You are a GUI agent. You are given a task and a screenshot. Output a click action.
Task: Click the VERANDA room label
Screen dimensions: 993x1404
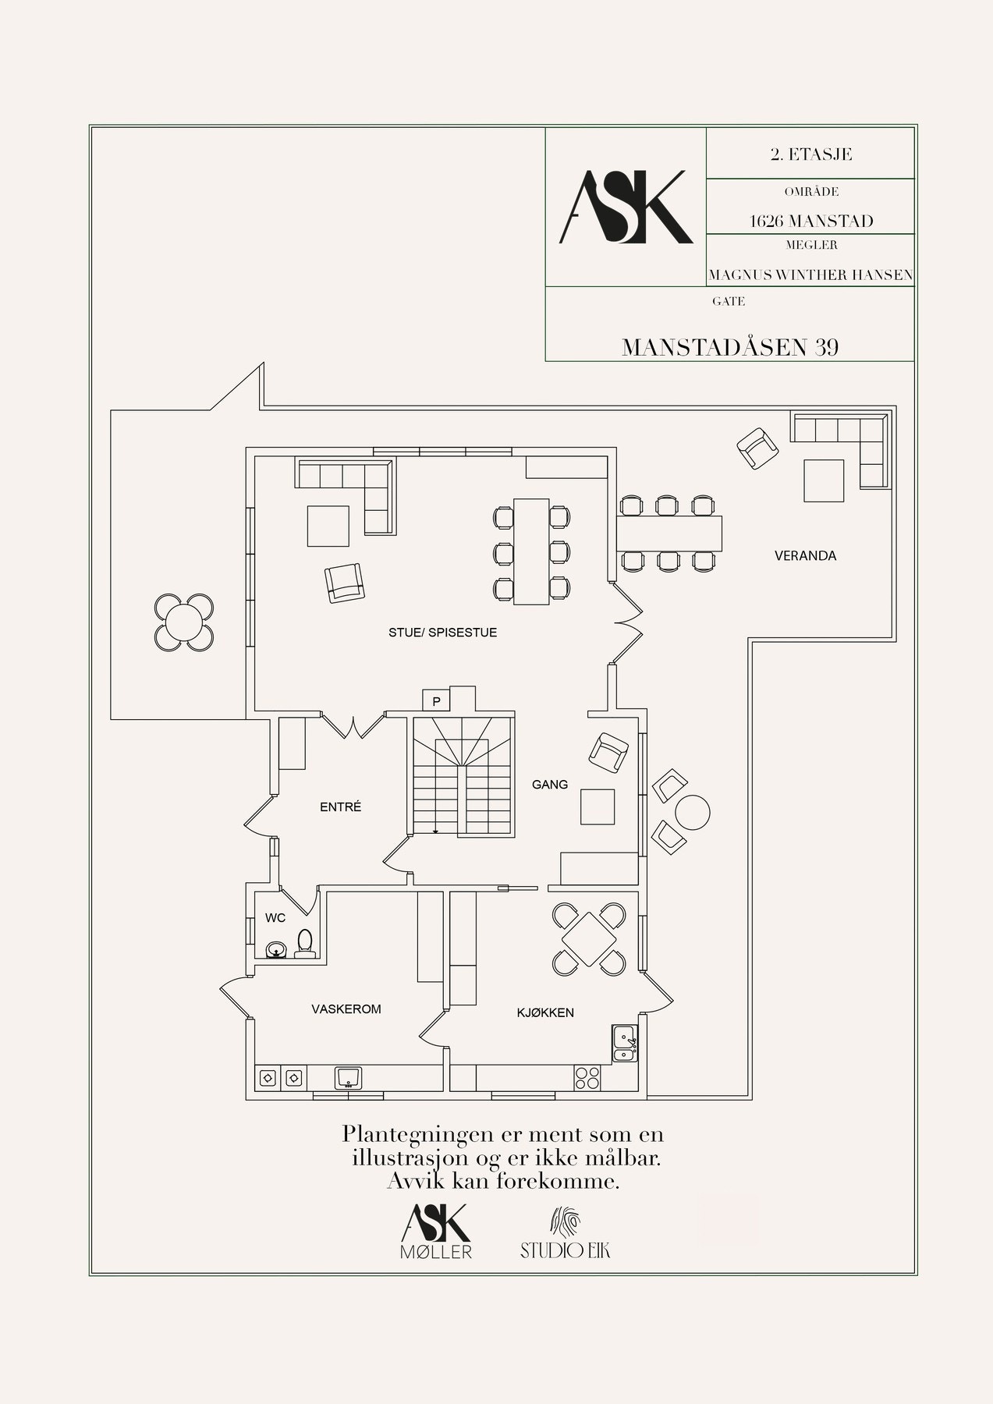[805, 556]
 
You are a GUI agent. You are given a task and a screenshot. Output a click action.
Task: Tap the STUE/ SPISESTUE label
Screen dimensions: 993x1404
[442, 633]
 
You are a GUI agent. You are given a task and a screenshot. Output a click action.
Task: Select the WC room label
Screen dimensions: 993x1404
[275, 918]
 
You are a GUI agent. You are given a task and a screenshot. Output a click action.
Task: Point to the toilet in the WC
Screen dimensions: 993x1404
[305, 943]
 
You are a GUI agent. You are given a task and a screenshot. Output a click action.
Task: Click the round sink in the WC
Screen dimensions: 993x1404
[275, 949]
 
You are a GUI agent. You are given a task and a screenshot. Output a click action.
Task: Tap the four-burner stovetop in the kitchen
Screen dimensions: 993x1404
[587, 1077]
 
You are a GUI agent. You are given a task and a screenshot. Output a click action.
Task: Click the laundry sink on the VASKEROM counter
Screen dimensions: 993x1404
[348, 1078]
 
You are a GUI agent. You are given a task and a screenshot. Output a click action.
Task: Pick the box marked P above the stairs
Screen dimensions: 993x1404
[437, 701]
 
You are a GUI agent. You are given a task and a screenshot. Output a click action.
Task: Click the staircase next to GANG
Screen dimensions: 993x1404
[462, 777]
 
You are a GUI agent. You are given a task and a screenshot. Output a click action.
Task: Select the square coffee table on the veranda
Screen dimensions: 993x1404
[825, 480]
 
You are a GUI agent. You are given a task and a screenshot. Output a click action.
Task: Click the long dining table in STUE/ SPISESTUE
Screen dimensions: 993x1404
[530, 551]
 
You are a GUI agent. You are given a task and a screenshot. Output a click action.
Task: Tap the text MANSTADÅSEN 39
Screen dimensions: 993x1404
[730, 347]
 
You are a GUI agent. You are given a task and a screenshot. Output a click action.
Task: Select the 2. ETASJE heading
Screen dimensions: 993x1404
[810, 154]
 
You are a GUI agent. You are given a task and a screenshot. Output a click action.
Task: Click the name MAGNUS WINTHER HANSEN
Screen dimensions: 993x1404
[810, 275]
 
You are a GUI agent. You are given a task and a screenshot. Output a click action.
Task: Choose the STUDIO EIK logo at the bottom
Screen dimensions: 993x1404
[566, 1233]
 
